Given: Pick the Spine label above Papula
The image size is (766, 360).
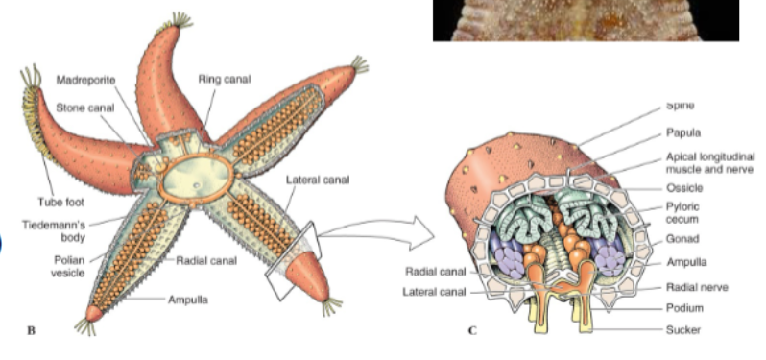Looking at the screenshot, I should [678, 106].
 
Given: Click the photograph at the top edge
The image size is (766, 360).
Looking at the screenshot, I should [585, 20].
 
